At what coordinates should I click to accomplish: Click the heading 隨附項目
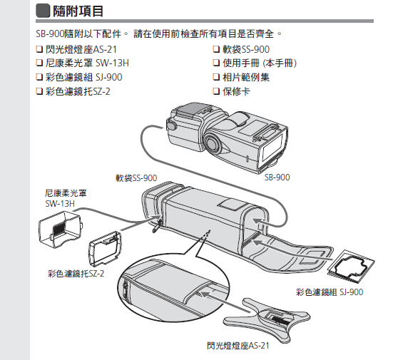[78, 11]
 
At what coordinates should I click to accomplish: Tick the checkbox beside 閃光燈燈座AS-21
[39, 49]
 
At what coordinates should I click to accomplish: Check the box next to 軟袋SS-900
[216, 49]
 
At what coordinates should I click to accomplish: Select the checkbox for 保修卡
[216, 91]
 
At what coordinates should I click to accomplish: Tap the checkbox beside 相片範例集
[216, 77]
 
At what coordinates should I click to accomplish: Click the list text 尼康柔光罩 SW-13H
[87, 63]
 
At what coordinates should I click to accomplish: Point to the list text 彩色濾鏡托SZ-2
[78, 91]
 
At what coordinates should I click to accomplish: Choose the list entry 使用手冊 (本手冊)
[260, 63]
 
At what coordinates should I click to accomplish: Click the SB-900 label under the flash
[277, 178]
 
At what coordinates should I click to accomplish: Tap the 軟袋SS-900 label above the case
[136, 178]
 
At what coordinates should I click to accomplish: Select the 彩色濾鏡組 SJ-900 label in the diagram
[330, 292]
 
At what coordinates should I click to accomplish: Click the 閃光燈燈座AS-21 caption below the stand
[238, 346]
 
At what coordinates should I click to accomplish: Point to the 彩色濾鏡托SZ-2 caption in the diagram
[76, 274]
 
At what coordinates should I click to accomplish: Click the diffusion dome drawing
[61, 229]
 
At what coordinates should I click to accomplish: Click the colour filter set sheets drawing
[351, 267]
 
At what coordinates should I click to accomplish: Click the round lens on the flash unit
[213, 143]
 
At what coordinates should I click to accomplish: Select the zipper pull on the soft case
[157, 226]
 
